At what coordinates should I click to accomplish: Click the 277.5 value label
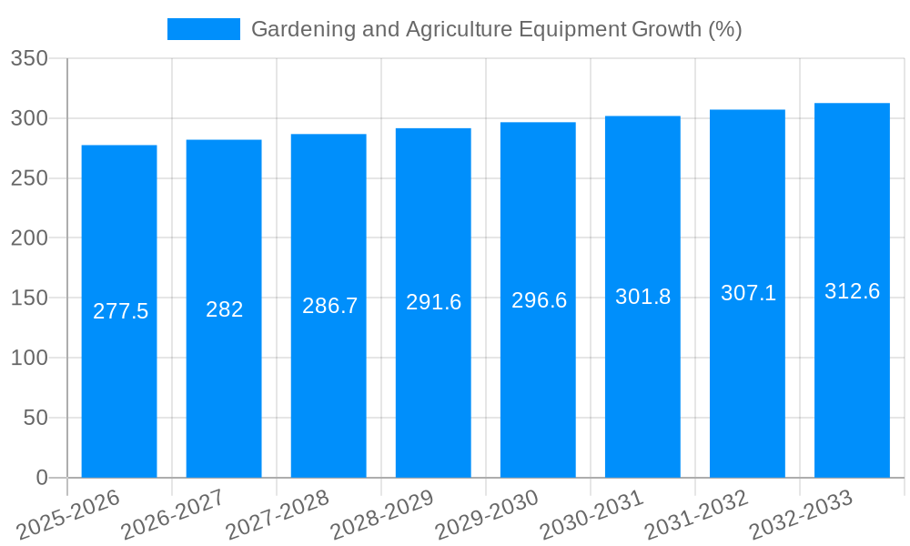click(120, 311)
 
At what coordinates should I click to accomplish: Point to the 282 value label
click(224, 309)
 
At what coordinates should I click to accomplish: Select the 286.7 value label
click(329, 306)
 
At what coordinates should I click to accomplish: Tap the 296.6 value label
click(539, 300)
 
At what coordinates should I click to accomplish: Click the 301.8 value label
click(642, 297)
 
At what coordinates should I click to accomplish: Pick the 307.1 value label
click(748, 293)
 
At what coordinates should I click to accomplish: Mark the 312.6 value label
click(852, 291)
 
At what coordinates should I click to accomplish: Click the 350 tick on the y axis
click(29, 59)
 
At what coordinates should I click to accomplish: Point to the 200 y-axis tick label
click(29, 238)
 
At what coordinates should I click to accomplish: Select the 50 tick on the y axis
click(35, 418)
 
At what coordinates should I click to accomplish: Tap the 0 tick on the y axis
click(42, 478)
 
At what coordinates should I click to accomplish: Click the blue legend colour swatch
click(203, 29)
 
